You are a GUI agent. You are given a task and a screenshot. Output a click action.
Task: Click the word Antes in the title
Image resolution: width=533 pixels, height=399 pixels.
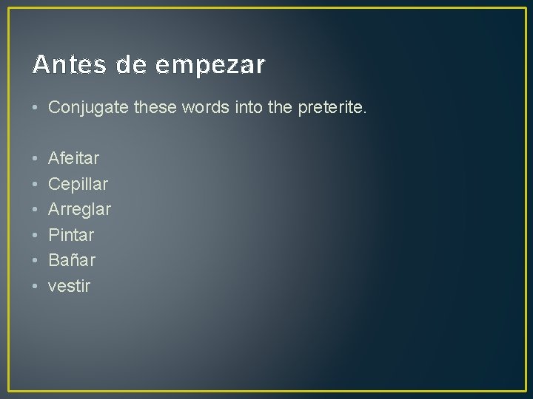coord(65,65)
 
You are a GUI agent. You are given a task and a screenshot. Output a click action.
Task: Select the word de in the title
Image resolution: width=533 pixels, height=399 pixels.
coord(132,65)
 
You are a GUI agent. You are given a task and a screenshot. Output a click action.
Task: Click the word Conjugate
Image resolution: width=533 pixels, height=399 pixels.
coord(90,108)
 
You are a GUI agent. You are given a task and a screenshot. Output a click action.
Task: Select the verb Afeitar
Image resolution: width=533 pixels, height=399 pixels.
coord(73,158)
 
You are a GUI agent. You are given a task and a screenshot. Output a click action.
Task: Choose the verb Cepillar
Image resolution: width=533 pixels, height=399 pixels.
coord(78,184)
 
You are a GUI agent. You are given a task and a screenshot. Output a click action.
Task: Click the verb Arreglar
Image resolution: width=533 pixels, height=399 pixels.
coord(79,210)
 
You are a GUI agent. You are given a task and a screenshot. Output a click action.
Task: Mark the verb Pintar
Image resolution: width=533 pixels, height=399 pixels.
coord(71,235)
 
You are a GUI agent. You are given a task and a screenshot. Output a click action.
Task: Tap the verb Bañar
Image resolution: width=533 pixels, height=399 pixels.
coord(71,260)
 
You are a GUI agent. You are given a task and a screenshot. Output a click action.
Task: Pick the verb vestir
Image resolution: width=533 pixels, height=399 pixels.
coord(69,286)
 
